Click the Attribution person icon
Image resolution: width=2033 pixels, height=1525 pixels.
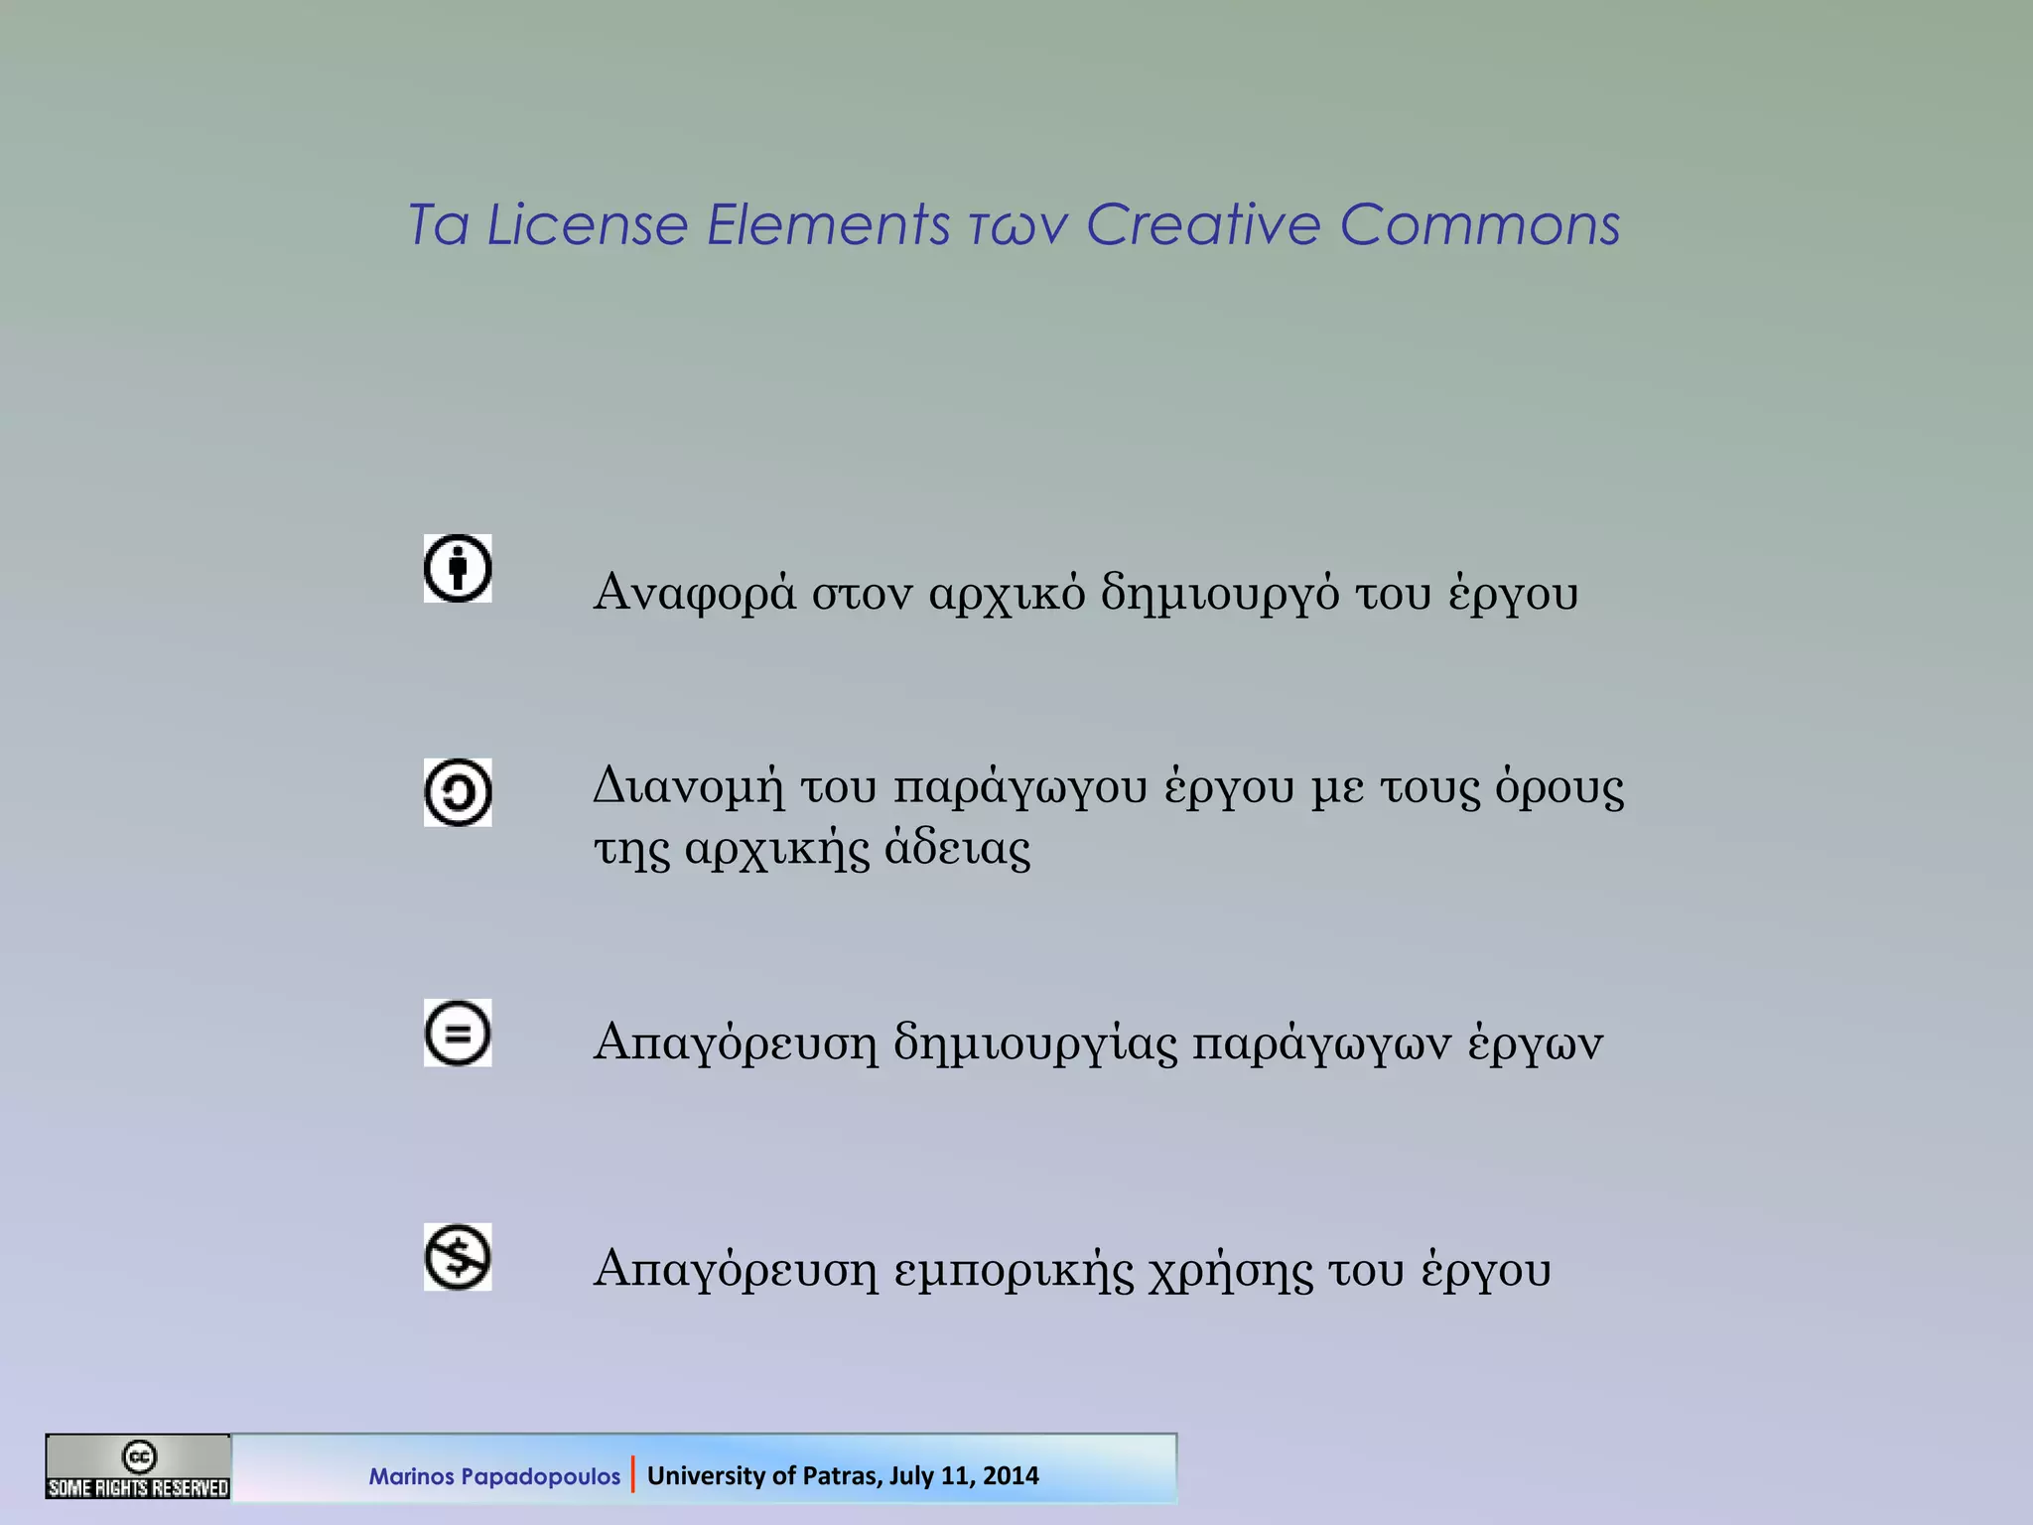[458, 569]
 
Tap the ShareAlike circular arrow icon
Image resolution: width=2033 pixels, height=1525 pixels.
[458, 792]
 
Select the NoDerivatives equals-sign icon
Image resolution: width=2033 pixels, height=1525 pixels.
[458, 1034]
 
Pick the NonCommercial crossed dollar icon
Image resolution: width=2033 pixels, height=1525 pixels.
[458, 1257]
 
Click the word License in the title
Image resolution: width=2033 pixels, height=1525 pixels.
[587, 224]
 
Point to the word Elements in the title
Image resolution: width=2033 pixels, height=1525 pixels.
[828, 224]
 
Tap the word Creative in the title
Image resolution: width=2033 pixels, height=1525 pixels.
[1203, 224]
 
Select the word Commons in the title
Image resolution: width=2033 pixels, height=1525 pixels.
[1480, 224]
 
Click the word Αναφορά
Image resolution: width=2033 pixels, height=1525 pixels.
[694, 594]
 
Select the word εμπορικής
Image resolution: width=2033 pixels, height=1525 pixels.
[1013, 1271]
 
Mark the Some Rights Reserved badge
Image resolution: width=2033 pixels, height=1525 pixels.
[138, 1467]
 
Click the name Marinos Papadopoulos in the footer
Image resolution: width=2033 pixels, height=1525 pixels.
[494, 1476]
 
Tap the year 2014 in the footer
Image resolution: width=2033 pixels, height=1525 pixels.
[1012, 1476]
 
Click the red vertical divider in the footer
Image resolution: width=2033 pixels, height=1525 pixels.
[632, 1475]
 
